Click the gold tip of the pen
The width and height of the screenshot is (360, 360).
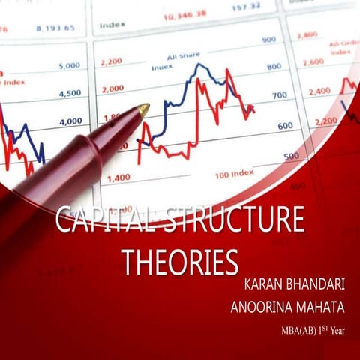[142, 109]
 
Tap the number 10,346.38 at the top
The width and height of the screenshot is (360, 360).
[184, 14]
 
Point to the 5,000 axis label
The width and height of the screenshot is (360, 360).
[70, 66]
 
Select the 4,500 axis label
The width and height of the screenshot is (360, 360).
[70, 93]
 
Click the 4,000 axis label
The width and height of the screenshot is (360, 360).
[70, 121]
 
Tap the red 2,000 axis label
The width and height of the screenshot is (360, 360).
[112, 88]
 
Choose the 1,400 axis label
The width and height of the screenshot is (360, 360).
[118, 178]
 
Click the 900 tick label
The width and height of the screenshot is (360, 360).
[268, 40]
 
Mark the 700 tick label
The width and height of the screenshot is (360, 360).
[279, 96]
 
